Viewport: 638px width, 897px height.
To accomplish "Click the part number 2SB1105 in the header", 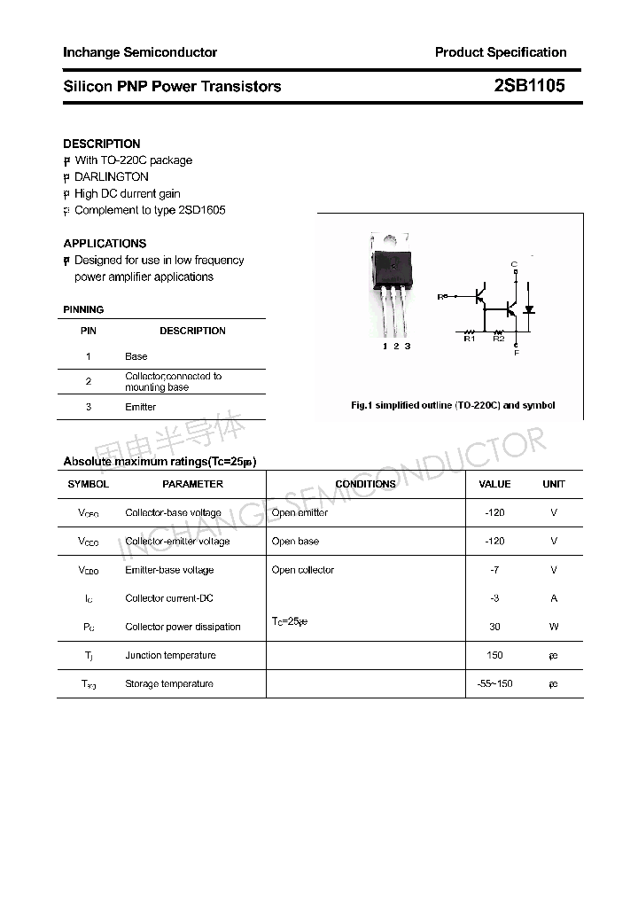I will click(x=529, y=86).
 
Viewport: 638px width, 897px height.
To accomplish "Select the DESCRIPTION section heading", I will click(x=102, y=144).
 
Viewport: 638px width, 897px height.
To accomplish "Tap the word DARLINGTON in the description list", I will click(x=112, y=176).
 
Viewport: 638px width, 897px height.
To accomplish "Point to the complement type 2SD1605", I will click(x=201, y=210).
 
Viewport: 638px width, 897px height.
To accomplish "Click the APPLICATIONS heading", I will click(x=105, y=243).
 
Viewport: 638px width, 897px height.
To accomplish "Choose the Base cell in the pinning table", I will click(x=136, y=356).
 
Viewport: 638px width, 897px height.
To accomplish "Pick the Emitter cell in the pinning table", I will click(x=141, y=407).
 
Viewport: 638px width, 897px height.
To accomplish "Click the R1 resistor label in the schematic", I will click(x=470, y=339).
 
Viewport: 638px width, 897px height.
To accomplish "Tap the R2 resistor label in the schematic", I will click(x=498, y=339).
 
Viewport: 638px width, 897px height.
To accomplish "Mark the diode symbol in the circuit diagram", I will click(x=529, y=309).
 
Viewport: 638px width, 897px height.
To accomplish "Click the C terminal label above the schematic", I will click(x=515, y=265).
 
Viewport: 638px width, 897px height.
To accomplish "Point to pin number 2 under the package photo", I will click(x=396, y=347).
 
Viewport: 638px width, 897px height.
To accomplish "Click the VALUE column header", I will click(x=494, y=484).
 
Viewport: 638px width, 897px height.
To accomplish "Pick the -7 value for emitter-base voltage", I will click(x=494, y=570).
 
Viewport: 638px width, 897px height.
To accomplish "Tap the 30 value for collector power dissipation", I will click(x=494, y=627).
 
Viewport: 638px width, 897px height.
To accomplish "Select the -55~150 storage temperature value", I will click(x=494, y=683).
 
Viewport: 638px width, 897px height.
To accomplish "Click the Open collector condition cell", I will click(x=303, y=570).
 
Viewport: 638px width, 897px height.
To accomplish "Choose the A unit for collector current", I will click(x=554, y=598).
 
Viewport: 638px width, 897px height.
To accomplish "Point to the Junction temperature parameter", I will click(x=170, y=655).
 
